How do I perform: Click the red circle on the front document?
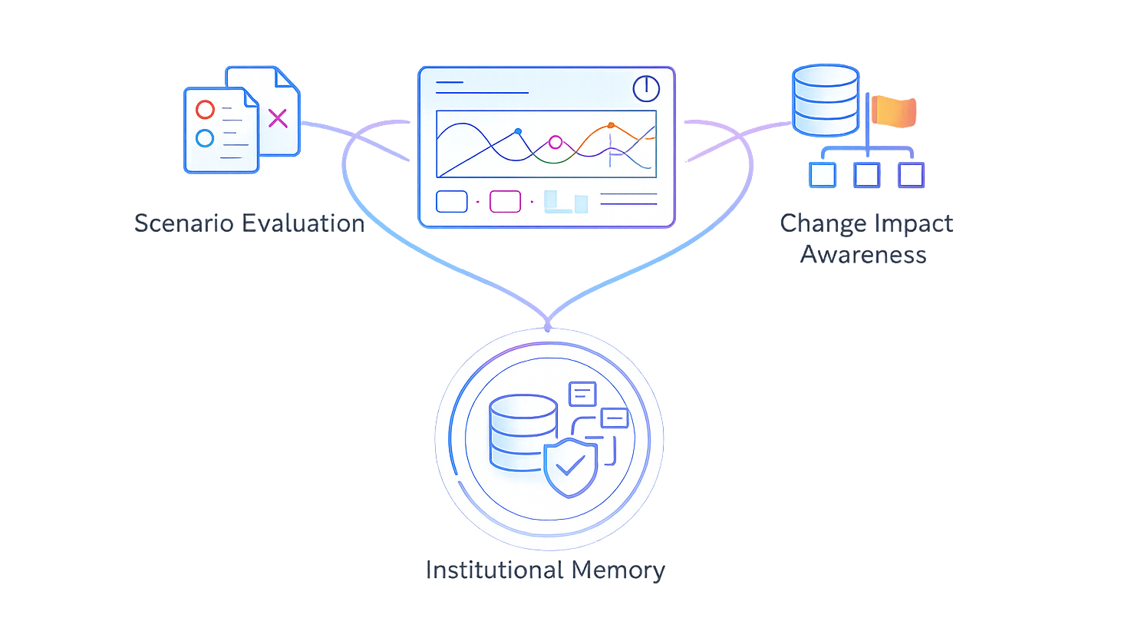pos(205,110)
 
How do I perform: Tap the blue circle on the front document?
pos(205,138)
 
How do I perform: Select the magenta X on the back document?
pos(277,117)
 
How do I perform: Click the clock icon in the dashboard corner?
pos(646,88)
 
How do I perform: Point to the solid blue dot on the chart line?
pos(518,131)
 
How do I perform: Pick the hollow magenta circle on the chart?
pos(556,142)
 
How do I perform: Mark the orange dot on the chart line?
pos(611,125)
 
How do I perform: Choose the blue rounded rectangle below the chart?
pos(452,201)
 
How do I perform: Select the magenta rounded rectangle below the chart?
pos(505,201)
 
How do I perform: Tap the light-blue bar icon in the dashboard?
pos(565,202)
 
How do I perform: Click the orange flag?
pos(894,111)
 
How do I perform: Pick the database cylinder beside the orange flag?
pos(825,101)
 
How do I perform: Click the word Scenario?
pos(183,223)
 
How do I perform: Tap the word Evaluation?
pos(302,223)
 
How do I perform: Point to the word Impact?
pos(914,223)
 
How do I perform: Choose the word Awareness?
pos(864,254)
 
